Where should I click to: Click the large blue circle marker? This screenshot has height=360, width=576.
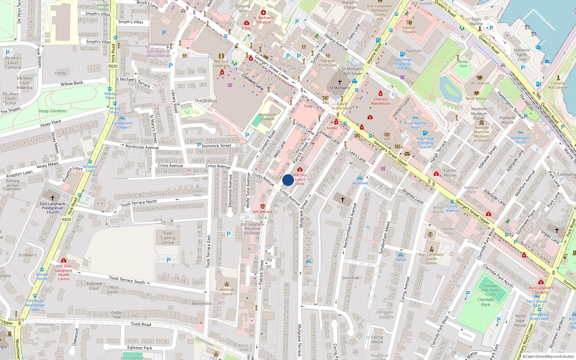click(288, 180)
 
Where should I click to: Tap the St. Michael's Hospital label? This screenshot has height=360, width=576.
click(264, 20)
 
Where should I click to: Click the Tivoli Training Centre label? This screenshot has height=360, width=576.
click(168, 238)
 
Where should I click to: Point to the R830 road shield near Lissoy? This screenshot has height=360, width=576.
click(113, 66)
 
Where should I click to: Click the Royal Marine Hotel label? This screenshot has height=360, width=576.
click(415, 125)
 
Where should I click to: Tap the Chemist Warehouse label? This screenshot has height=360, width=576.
click(381, 101)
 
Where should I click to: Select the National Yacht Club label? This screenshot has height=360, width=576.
click(522, 55)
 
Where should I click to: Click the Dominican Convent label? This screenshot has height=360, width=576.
click(268, 117)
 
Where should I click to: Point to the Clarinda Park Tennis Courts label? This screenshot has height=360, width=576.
click(490, 290)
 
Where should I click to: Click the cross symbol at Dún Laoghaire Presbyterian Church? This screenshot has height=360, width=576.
click(53, 198)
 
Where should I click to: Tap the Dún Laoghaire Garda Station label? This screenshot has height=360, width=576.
click(431, 258)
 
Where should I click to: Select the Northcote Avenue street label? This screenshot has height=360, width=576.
click(142, 147)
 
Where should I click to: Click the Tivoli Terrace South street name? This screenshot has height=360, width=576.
click(127, 280)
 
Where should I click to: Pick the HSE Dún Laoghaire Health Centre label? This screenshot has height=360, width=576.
click(64, 273)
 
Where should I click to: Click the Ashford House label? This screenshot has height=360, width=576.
click(227, 292)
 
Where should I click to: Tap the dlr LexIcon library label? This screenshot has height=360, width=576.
click(480, 83)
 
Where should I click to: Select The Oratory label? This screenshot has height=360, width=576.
click(206, 101)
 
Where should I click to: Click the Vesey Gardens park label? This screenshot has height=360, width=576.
click(53, 111)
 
